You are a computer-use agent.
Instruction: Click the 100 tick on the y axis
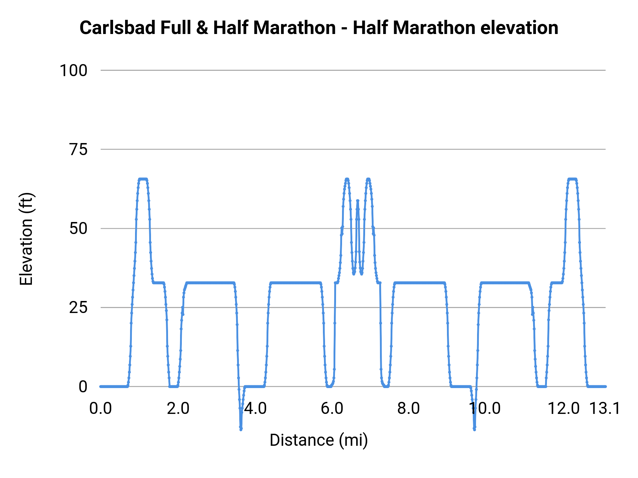(73, 70)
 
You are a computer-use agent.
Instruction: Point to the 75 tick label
(78, 150)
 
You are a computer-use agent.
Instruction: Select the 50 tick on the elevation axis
(78, 229)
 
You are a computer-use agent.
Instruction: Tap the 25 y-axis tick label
(78, 308)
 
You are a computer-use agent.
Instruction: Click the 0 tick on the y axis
(83, 387)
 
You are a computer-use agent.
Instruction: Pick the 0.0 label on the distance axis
(101, 409)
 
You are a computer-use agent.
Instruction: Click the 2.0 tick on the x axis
(178, 409)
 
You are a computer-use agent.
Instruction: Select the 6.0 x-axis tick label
(332, 409)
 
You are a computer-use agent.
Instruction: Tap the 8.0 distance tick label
(409, 409)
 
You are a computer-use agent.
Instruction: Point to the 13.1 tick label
(605, 409)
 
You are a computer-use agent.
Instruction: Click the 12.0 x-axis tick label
(564, 409)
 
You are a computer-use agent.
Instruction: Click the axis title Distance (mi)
(319, 440)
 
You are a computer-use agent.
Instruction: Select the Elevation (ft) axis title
(26, 239)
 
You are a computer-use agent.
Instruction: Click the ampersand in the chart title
(202, 28)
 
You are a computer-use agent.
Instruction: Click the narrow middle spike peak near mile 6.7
(358, 201)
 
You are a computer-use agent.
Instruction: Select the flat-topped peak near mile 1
(143, 179)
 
